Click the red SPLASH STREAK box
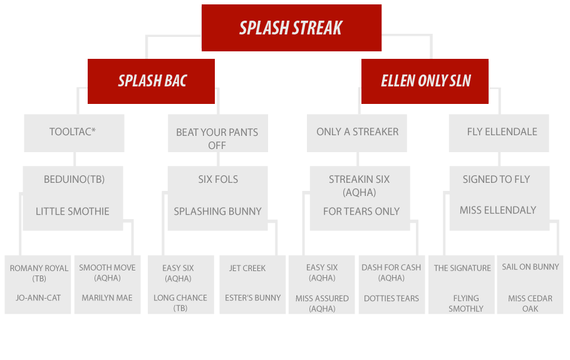[x=291, y=28]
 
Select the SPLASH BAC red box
[x=151, y=81]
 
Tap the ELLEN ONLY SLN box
[x=425, y=81]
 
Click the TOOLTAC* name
[x=73, y=131]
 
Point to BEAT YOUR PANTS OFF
[x=217, y=139]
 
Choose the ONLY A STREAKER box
[x=356, y=133]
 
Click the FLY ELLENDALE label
[x=502, y=131]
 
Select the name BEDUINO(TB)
[x=74, y=180]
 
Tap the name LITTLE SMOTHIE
[x=72, y=212]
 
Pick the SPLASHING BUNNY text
[x=217, y=212]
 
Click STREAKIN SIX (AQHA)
[x=359, y=185]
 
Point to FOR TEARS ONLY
[x=361, y=212]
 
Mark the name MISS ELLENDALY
[x=498, y=210]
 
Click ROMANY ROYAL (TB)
[x=39, y=273]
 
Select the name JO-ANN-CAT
[x=38, y=298]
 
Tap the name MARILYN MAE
[x=107, y=298]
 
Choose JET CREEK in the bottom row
[x=247, y=268]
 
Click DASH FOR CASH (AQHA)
[x=391, y=272]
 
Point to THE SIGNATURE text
[x=462, y=268]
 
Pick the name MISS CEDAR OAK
[x=530, y=303]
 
